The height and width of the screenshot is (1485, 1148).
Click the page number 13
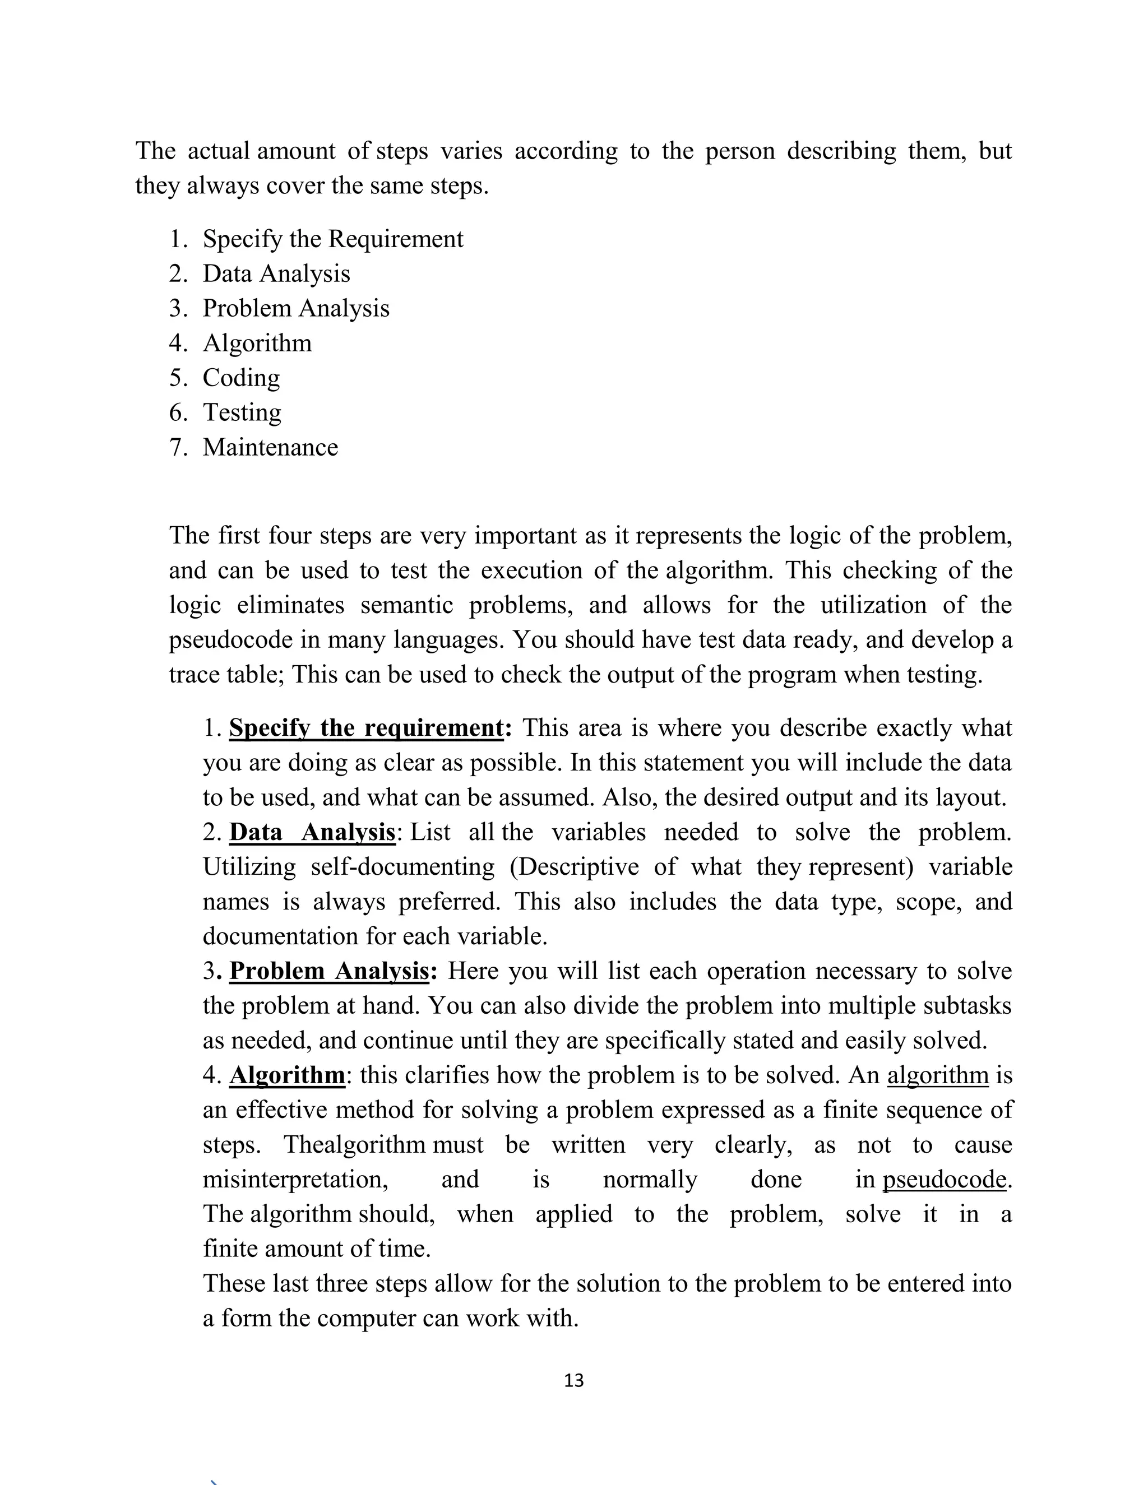pyautogui.click(x=573, y=1380)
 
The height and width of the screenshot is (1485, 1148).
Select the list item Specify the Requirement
pyautogui.click(x=332, y=239)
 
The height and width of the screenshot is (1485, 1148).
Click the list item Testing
pyautogui.click(x=242, y=412)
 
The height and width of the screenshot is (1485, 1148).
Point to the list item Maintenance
pyautogui.click(x=270, y=447)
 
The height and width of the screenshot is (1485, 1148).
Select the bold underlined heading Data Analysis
pyautogui.click(x=312, y=832)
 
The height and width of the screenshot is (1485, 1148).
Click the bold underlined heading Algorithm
pyautogui.click(x=287, y=1075)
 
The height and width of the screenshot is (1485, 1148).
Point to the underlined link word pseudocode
pyautogui.click(x=944, y=1179)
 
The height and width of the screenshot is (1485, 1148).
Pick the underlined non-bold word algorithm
pyautogui.click(x=937, y=1075)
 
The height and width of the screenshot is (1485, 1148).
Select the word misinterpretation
pyautogui.click(x=295, y=1179)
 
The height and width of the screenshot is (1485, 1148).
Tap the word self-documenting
pyautogui.click(x=402, y=866)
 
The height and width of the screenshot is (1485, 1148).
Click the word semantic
pyautogui.click(x=406, y=605)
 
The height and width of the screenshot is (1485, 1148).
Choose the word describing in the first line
pyautogui.click(x=841, y=150)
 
